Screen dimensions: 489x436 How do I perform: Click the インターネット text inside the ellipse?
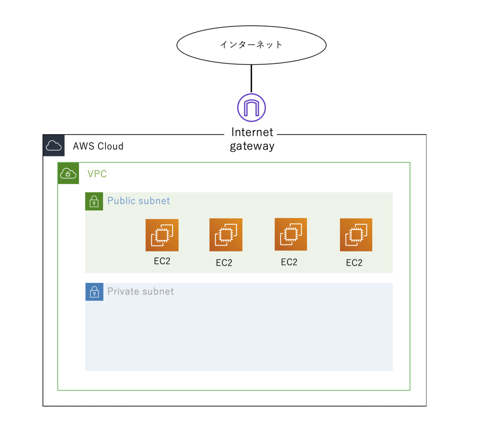(x=251, y=44)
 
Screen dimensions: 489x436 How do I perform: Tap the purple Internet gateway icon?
(x=251, y=108)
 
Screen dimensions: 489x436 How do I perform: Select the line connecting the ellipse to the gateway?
(x=251, y=79)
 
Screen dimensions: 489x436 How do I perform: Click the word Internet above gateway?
(x=252, y=132)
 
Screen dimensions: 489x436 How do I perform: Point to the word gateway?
(x=252, y=146)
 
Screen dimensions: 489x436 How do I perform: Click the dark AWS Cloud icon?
(x=53, y=145)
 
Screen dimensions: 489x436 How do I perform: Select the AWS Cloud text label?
(x=98, y=146)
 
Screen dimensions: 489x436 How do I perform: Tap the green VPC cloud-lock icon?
(x=68, y=173)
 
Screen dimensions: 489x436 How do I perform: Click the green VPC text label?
(x=97, y=174)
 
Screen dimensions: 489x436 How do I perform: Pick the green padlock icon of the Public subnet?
(x=94, y=201)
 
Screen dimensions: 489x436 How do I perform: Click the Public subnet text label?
(x=139, y=200)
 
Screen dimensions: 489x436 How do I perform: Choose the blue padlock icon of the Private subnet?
(x=95, y=292)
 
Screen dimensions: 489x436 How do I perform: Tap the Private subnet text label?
(x=141, y=291)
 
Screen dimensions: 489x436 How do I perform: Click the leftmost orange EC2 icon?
(x=162, y=235)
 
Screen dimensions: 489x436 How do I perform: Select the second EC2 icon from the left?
(x=226, y=235)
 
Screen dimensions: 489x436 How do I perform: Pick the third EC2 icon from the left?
(x=291, y=234)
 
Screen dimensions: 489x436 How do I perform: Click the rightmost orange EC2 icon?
(x=356, y=235)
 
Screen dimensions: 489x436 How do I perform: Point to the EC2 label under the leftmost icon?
(x=162, y=261)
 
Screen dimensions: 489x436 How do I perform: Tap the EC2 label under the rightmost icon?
(x=354, y=263)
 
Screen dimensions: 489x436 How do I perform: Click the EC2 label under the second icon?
(x=224, y=263)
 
